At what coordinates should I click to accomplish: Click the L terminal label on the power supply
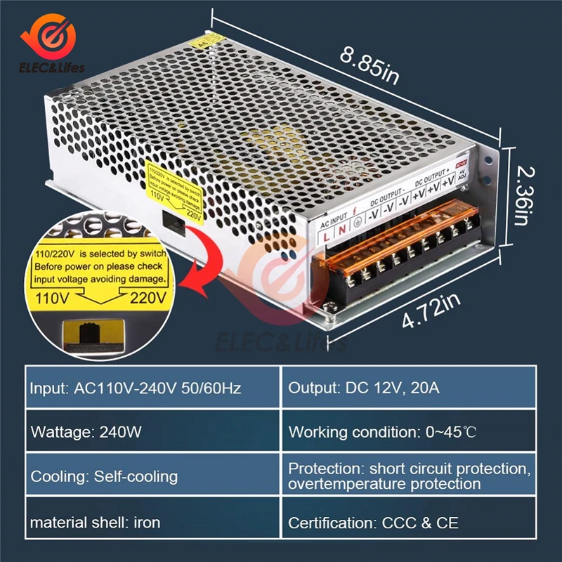(x=327, y=237)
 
